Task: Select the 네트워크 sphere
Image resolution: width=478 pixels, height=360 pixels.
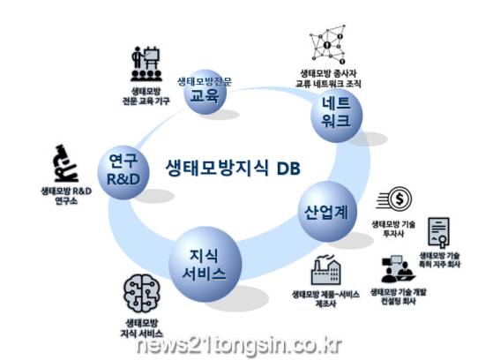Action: (x=337, y=116)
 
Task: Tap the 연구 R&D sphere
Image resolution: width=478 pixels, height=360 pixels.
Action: (x=123, y=173)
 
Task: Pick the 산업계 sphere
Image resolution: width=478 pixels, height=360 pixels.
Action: (x=327, y=212)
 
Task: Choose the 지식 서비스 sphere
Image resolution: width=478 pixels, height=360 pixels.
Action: (x=205, y=264)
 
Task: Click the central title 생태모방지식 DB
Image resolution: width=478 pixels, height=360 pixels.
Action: (x=233, y=168)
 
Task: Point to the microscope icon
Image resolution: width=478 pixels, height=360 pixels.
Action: (x=66, y=163)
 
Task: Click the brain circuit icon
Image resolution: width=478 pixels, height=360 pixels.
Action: (x=142, y=293)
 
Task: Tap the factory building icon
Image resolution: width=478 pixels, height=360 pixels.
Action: (x=325, y=270)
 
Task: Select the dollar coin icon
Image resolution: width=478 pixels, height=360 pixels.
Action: (x=394, y=199)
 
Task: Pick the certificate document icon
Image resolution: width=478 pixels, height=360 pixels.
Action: (x=438, y=232)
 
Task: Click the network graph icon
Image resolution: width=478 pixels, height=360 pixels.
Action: (x=328, y=44)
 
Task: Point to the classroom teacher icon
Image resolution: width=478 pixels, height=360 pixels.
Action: (x=146, y=64)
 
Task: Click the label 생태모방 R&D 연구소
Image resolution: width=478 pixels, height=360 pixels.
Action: (x=66, y=196)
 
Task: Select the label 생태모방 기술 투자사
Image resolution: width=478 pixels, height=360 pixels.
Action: (x=393, y=229)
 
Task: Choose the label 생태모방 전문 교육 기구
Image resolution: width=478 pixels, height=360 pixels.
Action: (x=146, y=96)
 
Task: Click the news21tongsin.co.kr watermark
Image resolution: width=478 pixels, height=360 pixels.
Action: (x=240, y=346)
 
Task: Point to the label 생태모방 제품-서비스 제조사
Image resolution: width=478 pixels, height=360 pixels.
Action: (x=325, y=299)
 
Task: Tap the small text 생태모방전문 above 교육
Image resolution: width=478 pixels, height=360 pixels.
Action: (x=205, y=82)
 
